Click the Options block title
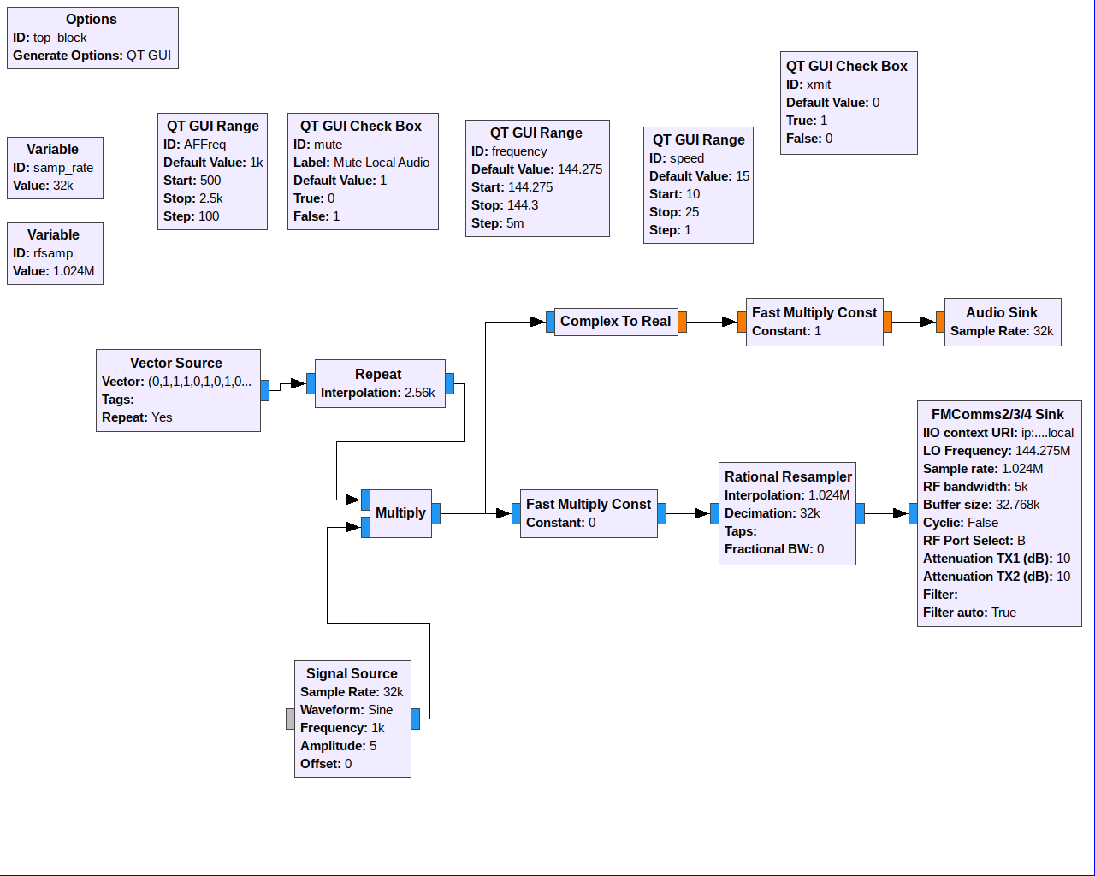[92, 20]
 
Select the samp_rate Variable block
[55, 168]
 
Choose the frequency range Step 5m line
[498, 223]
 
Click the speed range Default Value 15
[699, 176]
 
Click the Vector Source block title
[176, 364]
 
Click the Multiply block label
[400, 512]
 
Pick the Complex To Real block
[616, 322]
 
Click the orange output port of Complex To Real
[682, 322]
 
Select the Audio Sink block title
[1002, 313]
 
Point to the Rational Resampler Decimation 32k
[772, 513]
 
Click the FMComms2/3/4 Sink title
[997, 415]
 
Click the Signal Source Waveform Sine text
[346, 710]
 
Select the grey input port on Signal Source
[290, 719]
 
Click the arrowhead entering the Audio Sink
[928, 322]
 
